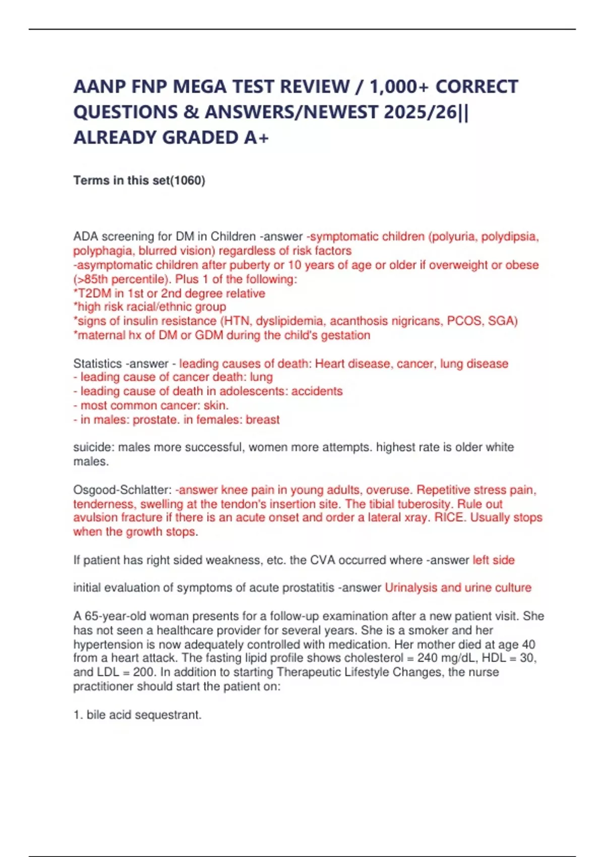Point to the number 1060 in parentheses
189,180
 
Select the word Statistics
97,363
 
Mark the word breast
263,419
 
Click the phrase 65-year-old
107,616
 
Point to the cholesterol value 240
428,658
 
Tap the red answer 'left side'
493,560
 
